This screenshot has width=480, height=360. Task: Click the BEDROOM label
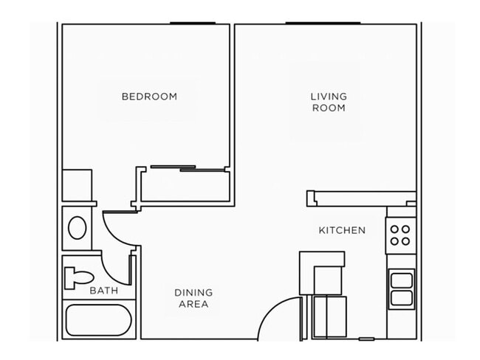tap(149, 96)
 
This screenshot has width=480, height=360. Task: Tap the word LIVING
tap(329, 96)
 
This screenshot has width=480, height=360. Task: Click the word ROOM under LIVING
tap(329, 108)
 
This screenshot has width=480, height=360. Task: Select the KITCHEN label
tap(342, 230)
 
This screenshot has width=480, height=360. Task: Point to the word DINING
tap(193, 292)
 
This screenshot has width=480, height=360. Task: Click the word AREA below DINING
tap(193, 304)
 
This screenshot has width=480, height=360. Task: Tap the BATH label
tap(103, 291)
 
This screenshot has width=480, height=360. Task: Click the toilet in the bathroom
tap(78, 277)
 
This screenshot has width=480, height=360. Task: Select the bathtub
tap(99, 320)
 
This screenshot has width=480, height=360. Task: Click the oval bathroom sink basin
tap(77, 228)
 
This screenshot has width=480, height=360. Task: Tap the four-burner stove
tap(400, 235)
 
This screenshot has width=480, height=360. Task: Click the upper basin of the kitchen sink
tap(402, 280)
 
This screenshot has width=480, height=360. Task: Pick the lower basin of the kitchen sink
tap(402, 298)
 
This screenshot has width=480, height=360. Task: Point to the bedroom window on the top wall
tap(193, 24)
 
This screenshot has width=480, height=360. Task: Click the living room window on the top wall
tap(323, 24)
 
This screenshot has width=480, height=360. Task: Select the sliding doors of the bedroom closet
tap(188, 169)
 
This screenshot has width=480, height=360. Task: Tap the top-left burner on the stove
tap(394, 228)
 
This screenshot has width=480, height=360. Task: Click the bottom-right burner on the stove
tap(406, 241)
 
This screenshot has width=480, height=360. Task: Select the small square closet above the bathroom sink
tap(77, 185)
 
